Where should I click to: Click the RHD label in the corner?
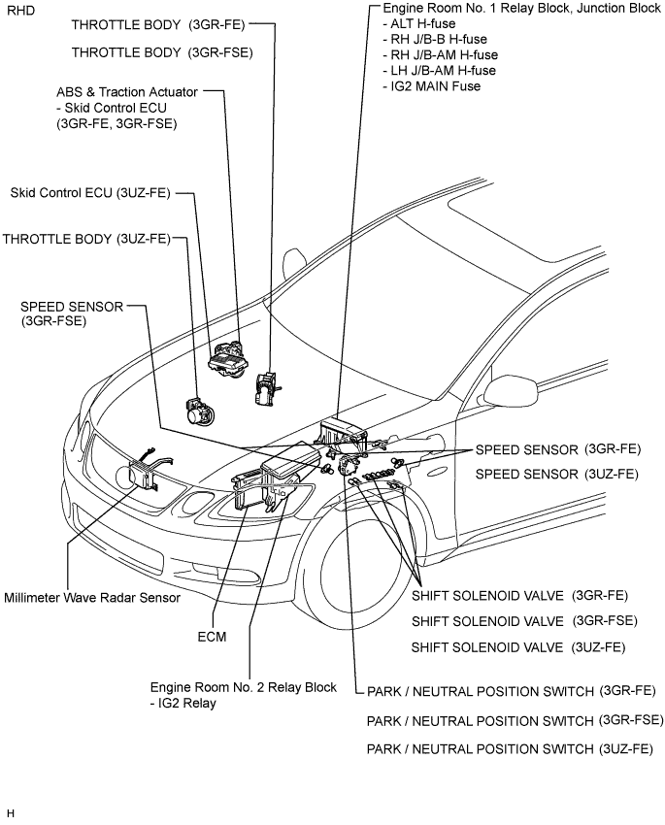coord(21,11)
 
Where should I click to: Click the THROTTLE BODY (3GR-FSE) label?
coord(162,52)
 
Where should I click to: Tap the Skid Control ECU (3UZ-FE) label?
coord(90,193)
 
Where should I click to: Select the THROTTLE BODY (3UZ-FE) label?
coord(86,239)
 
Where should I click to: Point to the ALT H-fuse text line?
coord(418,23)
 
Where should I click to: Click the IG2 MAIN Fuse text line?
coord(431,86)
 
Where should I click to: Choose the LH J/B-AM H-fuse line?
coord(440,71)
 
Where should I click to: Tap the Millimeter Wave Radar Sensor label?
coord(92,598)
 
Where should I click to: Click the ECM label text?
coord(212,637)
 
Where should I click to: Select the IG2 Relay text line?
coord(183,703)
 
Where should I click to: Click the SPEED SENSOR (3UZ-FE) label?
coord(556,474)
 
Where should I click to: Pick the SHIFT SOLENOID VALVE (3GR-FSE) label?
coord(524,621)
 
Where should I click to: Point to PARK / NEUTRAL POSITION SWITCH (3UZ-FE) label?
coord(510,748)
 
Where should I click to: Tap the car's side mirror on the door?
coord(510,390)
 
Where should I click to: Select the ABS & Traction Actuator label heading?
coord(127,92)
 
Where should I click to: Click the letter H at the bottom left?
coord(11,813)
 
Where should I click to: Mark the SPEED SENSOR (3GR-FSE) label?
coord(72,313)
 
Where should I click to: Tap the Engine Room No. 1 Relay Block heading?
coord(521,8)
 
